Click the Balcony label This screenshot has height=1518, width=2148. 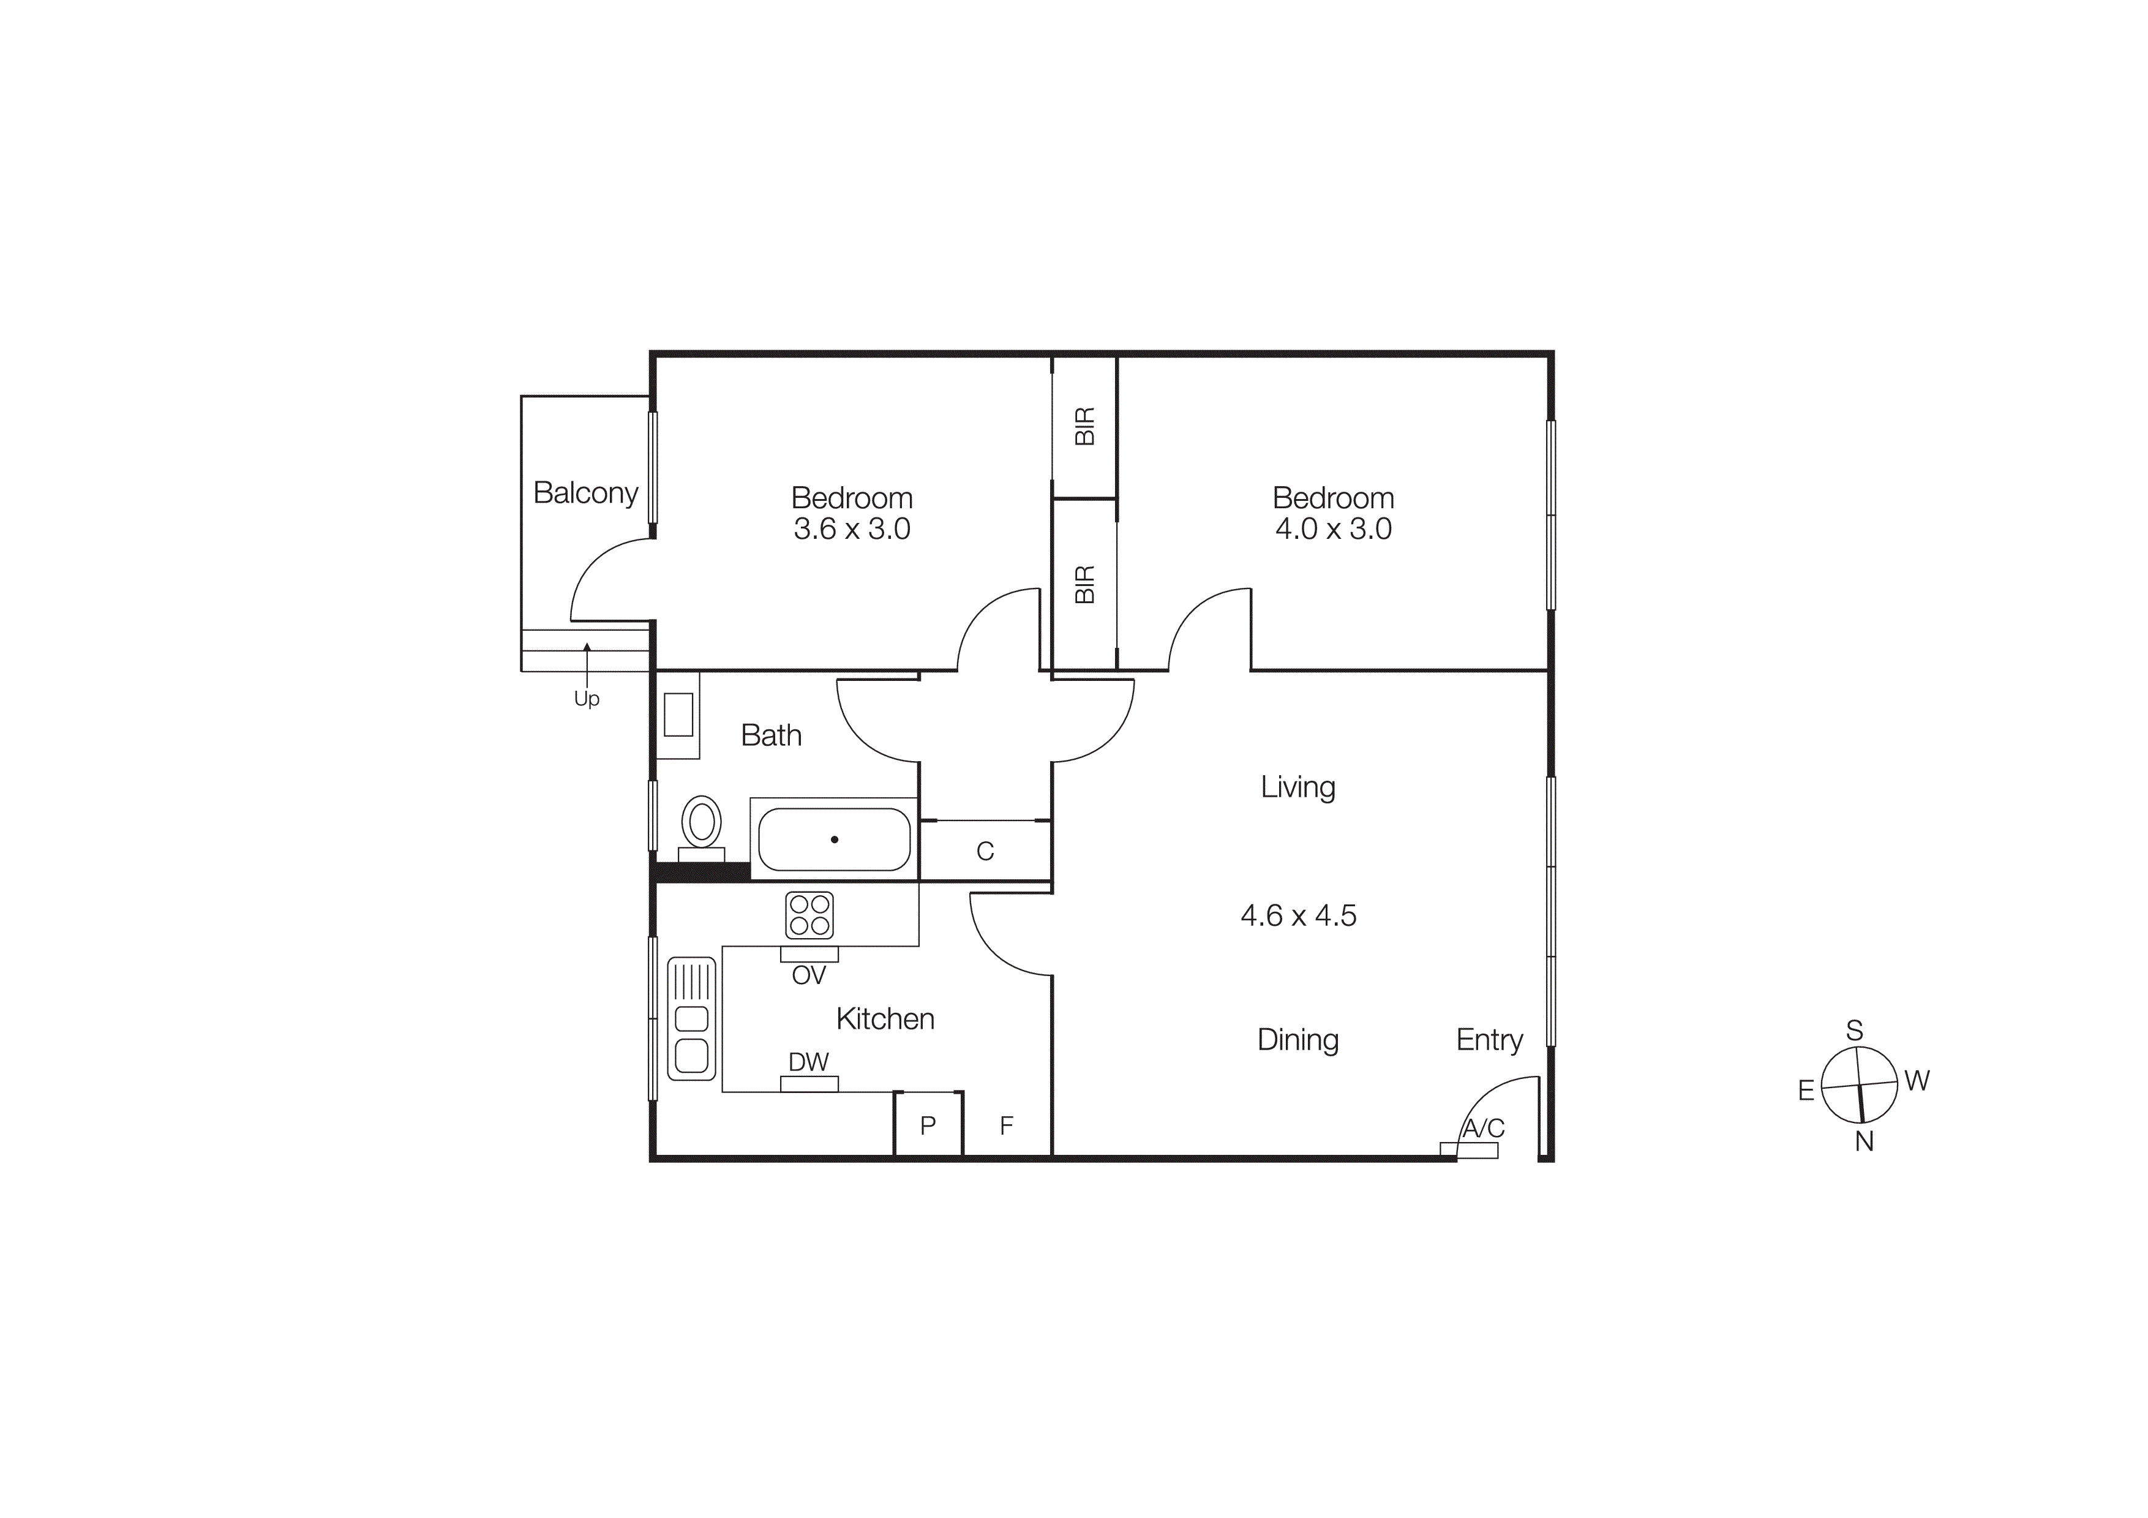tap(585, 493)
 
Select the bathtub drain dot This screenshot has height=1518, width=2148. tap(835, 840)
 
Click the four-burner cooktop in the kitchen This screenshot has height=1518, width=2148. tap(809, 915)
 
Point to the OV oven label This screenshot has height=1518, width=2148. tap(809, 975)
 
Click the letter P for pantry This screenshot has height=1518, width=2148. tap(928, 1125)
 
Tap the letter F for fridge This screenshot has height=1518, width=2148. tap(1007, 1125)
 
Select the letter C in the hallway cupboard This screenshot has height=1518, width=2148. tap(985, 851)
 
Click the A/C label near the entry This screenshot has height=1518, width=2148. tap(1483, 1128)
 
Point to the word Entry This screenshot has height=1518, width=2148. tap(1489, 1039)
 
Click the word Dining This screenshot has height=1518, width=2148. tap(1297, 1039)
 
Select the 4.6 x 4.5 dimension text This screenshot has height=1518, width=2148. tap(1299, 915)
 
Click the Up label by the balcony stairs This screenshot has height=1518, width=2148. tap(587, 699)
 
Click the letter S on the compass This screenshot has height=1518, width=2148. tap(1854, 1031)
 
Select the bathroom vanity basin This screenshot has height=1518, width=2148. tap(678, 715)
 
